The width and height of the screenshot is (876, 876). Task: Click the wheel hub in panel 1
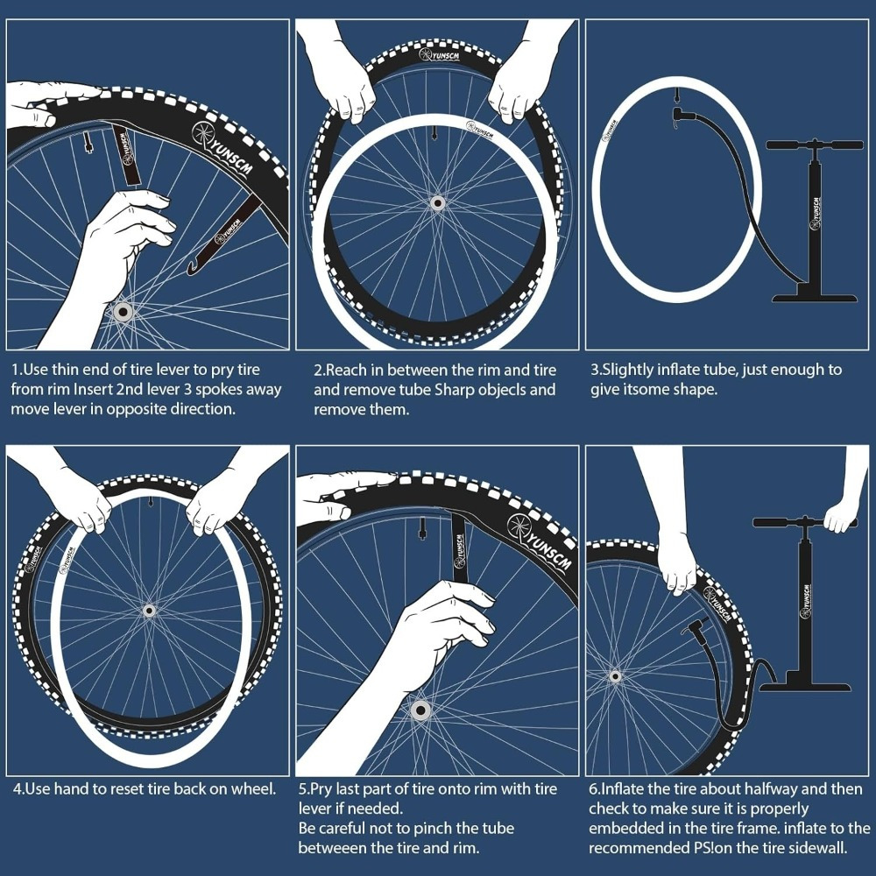pyautogui.click(x=121, y=311)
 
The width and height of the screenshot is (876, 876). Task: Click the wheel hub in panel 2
pyautogui.click(x=436, y=202)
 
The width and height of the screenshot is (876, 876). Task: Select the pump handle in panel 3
pyautogui.click(x=815, y=145)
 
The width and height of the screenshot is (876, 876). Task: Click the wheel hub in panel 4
pyautogui.click(x=148, y=610)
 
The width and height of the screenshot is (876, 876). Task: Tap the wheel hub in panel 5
pyautogui.click(x=419, y=710)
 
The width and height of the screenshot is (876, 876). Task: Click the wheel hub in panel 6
pyautogui.click(x=614, y=676)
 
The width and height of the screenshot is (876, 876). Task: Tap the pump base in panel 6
pyautogui.click(x=804, y=681)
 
